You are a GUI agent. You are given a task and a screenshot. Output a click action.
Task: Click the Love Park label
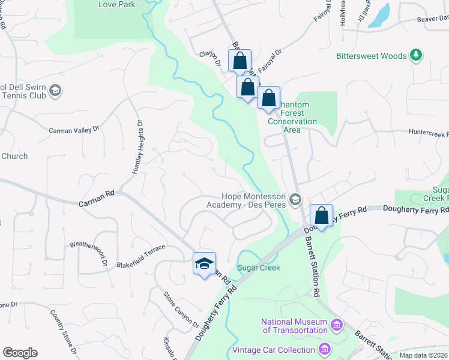coord(117,5)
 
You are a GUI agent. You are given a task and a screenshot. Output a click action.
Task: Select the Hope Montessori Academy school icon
coord(295,199)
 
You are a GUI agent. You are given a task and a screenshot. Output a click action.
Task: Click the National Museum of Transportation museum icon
coord(336,325)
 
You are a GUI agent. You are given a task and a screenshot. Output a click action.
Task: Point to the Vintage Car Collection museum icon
coord(325,349)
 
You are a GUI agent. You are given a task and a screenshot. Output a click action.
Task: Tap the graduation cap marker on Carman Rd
coord(204,263)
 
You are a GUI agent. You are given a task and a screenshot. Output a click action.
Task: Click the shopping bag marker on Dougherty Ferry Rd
coord(322,216)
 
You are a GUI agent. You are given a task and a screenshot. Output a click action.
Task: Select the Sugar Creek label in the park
coord(259,268)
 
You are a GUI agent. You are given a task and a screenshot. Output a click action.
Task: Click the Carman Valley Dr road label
coord(73,130)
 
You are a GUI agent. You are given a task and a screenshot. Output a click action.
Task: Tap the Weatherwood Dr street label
coord(88,253)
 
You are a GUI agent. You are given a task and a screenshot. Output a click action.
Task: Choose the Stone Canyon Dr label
coord(181,310)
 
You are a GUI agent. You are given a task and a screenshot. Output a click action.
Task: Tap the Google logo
coord(20,353)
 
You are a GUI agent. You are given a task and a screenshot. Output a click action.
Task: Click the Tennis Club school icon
coord(55,91)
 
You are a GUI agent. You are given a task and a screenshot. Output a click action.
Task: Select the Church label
coord(14,156)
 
